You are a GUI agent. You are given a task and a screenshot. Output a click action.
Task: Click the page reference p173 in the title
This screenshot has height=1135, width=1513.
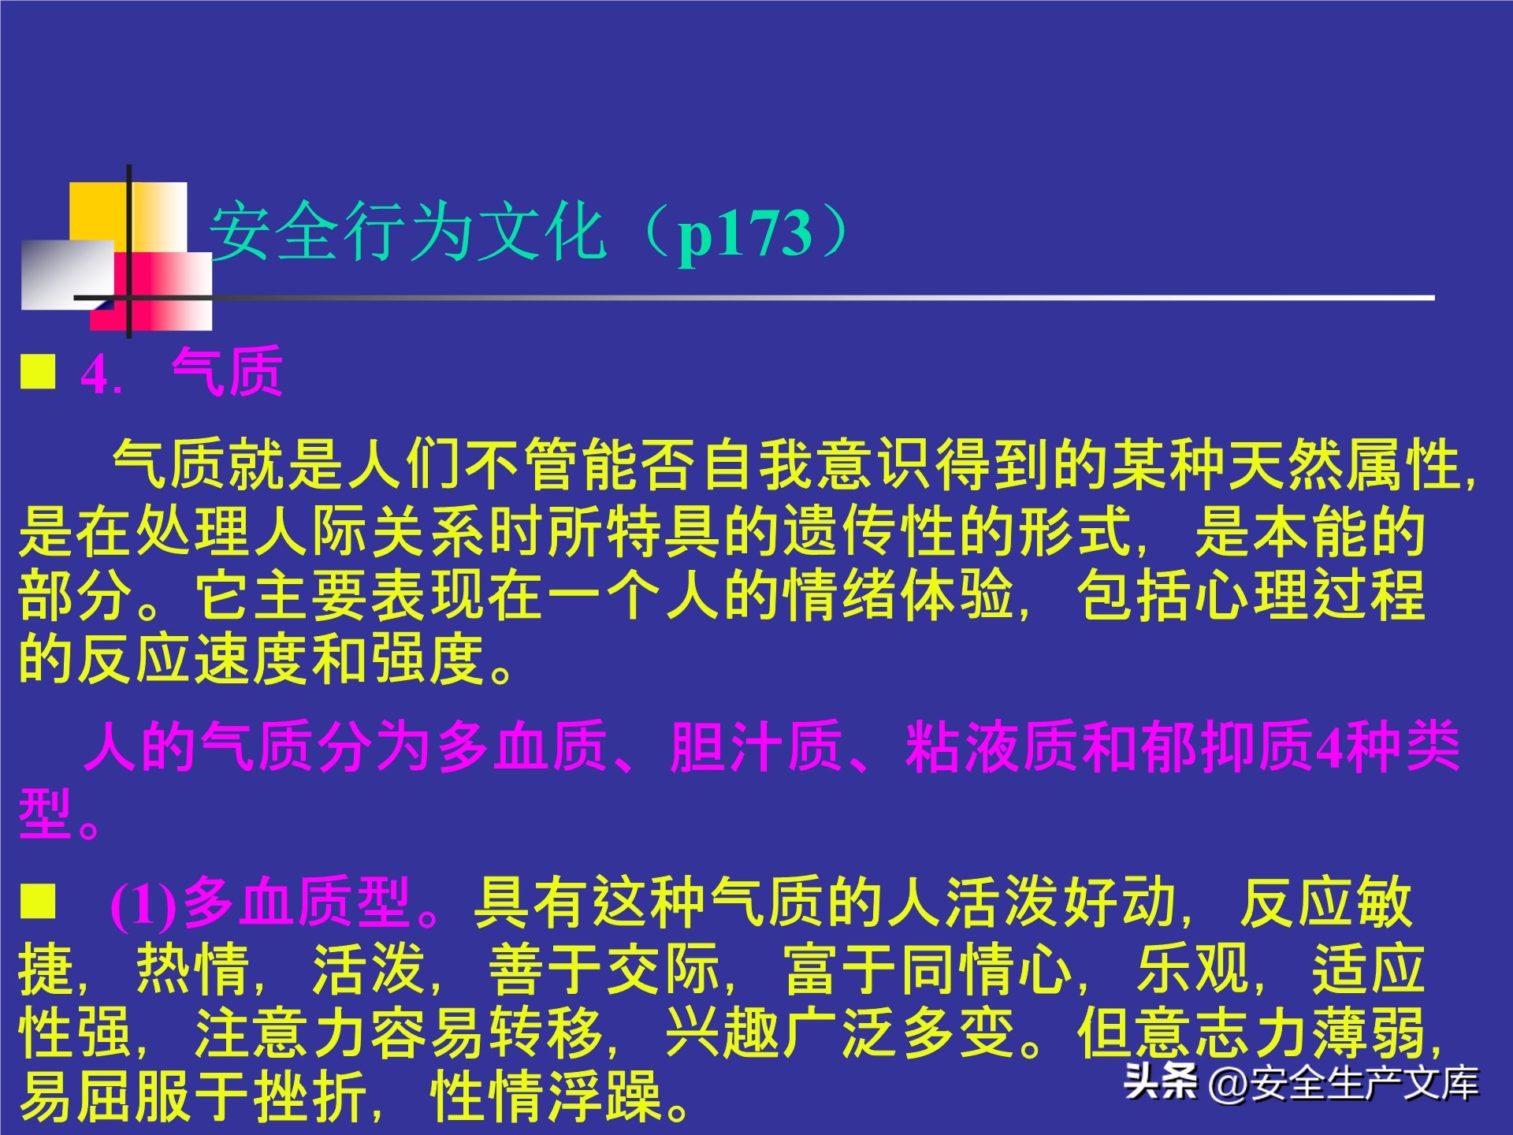(x=745, y=234)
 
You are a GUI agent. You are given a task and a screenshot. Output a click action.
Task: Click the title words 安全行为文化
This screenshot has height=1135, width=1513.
(x=407, y=232)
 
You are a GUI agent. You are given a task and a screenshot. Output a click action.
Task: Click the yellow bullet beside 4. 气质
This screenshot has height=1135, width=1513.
(x=38, y=371)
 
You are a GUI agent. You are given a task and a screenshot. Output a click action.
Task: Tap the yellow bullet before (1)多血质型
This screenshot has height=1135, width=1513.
(x=38, y=901)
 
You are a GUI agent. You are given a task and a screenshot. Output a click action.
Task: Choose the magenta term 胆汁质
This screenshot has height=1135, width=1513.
(x=756, y=746)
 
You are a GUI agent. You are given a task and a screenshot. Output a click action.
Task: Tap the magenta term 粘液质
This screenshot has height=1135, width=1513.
(x=992, y=746)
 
